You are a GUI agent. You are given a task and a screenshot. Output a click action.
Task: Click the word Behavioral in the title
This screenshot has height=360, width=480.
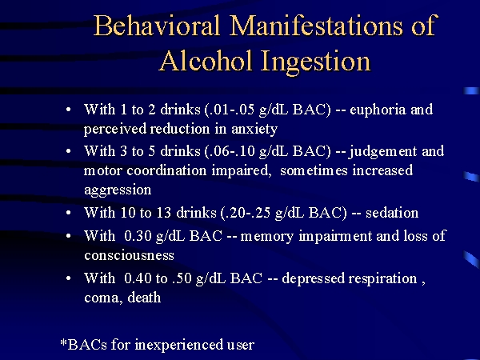pyautogui.click(x=157, y=25)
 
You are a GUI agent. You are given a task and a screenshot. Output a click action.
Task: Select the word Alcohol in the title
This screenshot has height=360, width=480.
pyautogui.click(x=206, y=61)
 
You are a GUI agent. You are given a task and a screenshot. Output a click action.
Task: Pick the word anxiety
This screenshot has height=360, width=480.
pyautogui.click(x=254, y=130)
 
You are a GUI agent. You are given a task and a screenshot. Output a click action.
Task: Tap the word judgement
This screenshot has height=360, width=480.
pyautogui.click(x=382, y=152)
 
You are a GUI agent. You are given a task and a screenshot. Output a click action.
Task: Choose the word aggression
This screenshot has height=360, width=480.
pyautogui.click(x=118, y=190)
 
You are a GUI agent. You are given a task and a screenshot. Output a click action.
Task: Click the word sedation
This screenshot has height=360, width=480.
pyautogui.click(x=392, y=213)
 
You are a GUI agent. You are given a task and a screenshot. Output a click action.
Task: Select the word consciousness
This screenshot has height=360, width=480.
pyautogui.click(x=129, y=255)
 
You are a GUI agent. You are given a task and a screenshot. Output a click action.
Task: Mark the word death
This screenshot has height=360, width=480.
pyautogui.click(x=144, y=298)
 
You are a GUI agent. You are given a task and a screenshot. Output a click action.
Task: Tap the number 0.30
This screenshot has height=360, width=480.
pyautogui.click(x=138, y=236)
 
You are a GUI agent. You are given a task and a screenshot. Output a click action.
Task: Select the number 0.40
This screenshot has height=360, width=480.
pyautogui.click(x=138, y=278)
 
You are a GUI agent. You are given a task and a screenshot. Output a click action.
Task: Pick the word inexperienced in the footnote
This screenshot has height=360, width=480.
pyautogui.click(x=179, y=346)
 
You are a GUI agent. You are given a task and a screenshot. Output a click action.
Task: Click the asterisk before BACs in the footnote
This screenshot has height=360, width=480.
pyautogui.click(x=63, y=342)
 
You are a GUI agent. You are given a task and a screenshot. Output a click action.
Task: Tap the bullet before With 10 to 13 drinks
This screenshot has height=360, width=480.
pyautogui.click(x=68, y=213)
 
